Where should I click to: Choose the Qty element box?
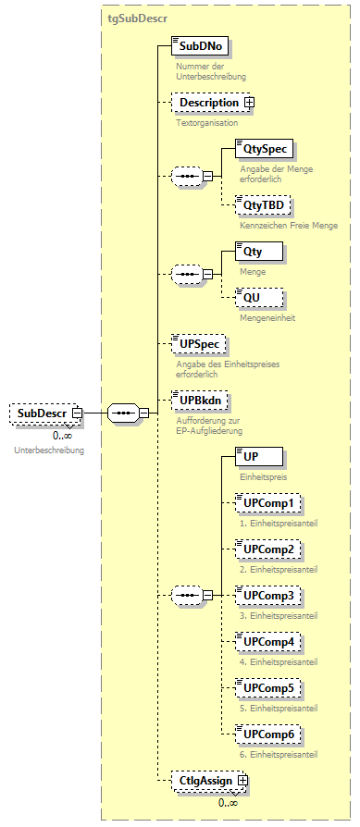coord(258,251)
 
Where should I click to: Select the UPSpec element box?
coord(199,344)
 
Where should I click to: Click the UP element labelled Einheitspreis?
coord(258,456)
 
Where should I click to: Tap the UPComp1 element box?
coord(267,503)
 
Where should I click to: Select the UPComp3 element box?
coord(267,595)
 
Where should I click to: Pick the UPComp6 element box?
coord(267,734)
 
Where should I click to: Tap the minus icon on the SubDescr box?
coord(78,413)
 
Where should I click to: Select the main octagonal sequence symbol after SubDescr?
coord(122,413)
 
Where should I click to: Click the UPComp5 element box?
coord(267,688)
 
